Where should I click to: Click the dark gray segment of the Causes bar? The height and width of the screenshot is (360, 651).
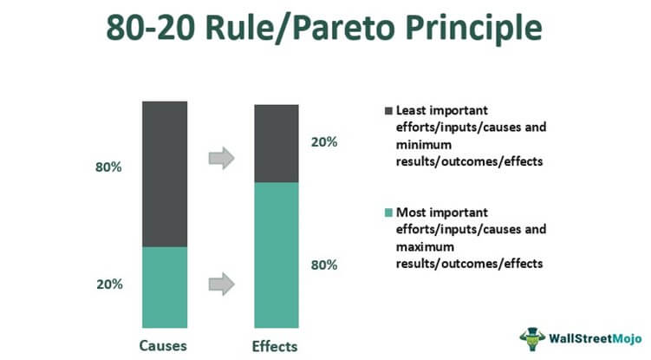coord(165,174)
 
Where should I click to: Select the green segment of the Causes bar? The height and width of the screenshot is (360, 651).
coord(165,288)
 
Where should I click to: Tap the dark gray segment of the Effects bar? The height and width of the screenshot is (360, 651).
coord(277,144)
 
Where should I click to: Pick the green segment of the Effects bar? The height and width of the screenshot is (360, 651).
coord(277,255)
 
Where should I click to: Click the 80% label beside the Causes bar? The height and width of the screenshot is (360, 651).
coord(108,167)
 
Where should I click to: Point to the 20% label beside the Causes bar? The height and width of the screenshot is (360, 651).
coord(109,285)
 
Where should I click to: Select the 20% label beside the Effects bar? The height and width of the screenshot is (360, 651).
coord(324,142)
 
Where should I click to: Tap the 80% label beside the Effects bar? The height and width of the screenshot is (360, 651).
coord(324,265)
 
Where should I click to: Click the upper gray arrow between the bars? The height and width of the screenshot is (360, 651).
coord(222,158)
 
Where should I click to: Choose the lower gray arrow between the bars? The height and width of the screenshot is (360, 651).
coord(222,284)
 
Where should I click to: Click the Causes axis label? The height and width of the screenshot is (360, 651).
coord(163,346)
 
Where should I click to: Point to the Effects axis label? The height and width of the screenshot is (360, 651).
coord(275,347)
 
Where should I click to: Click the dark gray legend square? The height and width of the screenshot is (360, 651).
coord(388,111)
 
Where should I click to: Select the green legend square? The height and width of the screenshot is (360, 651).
coord(388,213)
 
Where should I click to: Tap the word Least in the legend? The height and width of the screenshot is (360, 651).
coord(411,110)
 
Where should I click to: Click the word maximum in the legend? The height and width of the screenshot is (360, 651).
coord(425,247)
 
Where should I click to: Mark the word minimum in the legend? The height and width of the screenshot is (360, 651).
coord(424,145)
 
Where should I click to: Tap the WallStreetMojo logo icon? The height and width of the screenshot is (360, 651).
coord(532,339)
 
